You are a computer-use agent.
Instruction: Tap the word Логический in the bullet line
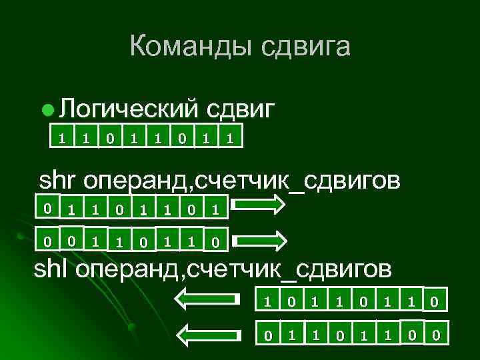[129, 107]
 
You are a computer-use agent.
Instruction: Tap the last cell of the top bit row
[230, 138]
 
